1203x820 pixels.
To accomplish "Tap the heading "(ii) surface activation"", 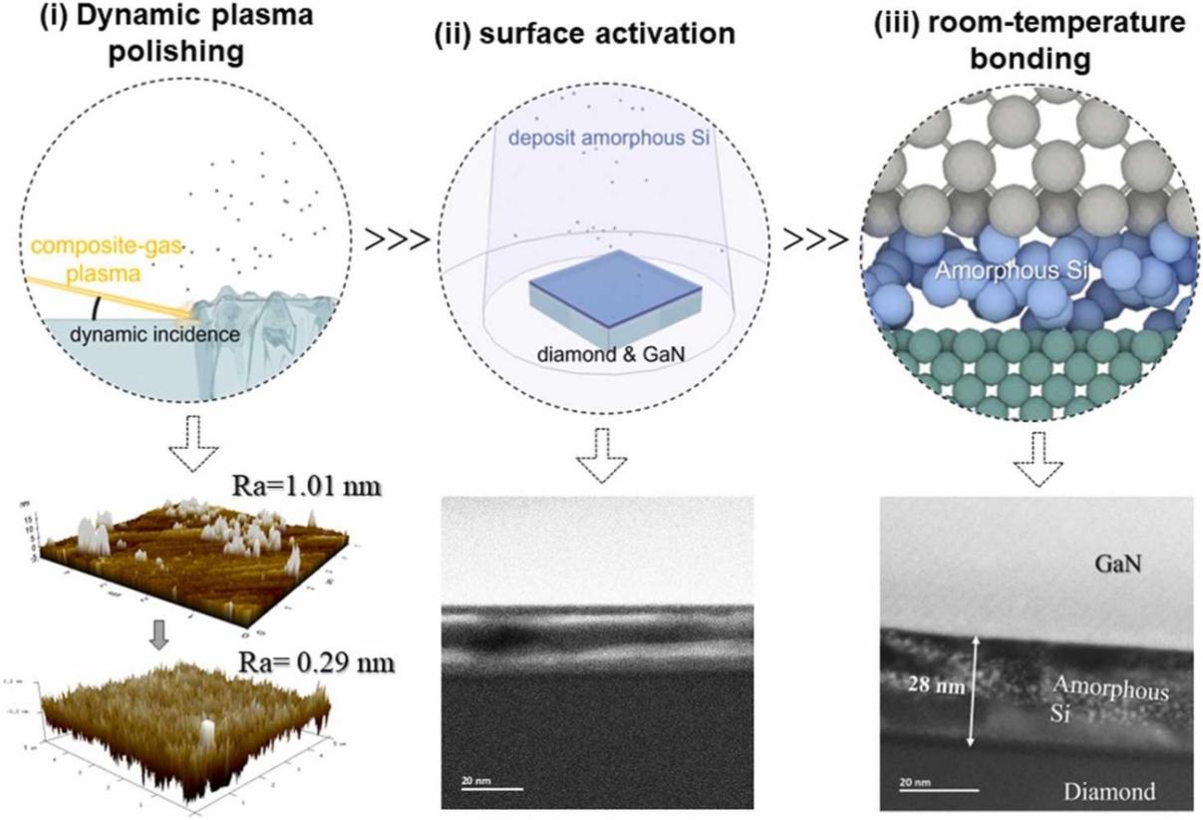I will tap(585, 34).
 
